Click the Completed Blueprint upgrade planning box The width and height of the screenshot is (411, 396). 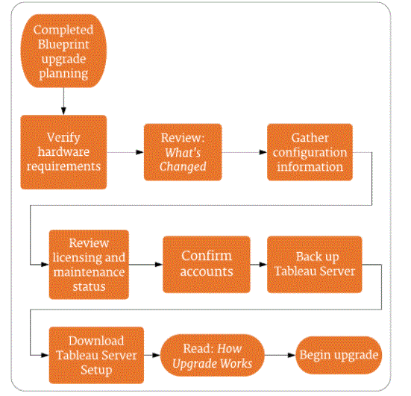63,51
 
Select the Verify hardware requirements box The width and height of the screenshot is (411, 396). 63,152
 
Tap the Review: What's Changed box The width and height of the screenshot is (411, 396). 183,152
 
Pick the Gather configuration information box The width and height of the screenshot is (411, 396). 310,152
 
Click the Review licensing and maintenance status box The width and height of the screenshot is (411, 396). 89,265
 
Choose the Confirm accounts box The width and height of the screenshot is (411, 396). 207,264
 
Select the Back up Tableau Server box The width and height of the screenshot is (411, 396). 315,264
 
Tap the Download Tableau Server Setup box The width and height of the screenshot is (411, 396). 96,355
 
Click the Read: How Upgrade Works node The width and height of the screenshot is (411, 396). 213,356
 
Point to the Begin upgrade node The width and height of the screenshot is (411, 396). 339,355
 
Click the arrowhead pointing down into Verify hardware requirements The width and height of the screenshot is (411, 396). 63,111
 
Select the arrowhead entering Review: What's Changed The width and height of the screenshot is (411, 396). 140,152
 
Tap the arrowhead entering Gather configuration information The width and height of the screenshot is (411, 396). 263,152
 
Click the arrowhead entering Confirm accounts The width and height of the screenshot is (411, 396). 159,265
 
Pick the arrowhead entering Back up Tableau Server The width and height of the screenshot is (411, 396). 263,265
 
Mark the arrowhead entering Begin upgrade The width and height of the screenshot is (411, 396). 292,356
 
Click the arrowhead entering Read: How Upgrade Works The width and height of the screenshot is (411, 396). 156,356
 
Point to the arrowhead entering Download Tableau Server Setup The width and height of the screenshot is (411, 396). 45,356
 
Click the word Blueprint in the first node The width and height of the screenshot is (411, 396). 63,45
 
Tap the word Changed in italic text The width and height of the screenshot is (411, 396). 183,167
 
